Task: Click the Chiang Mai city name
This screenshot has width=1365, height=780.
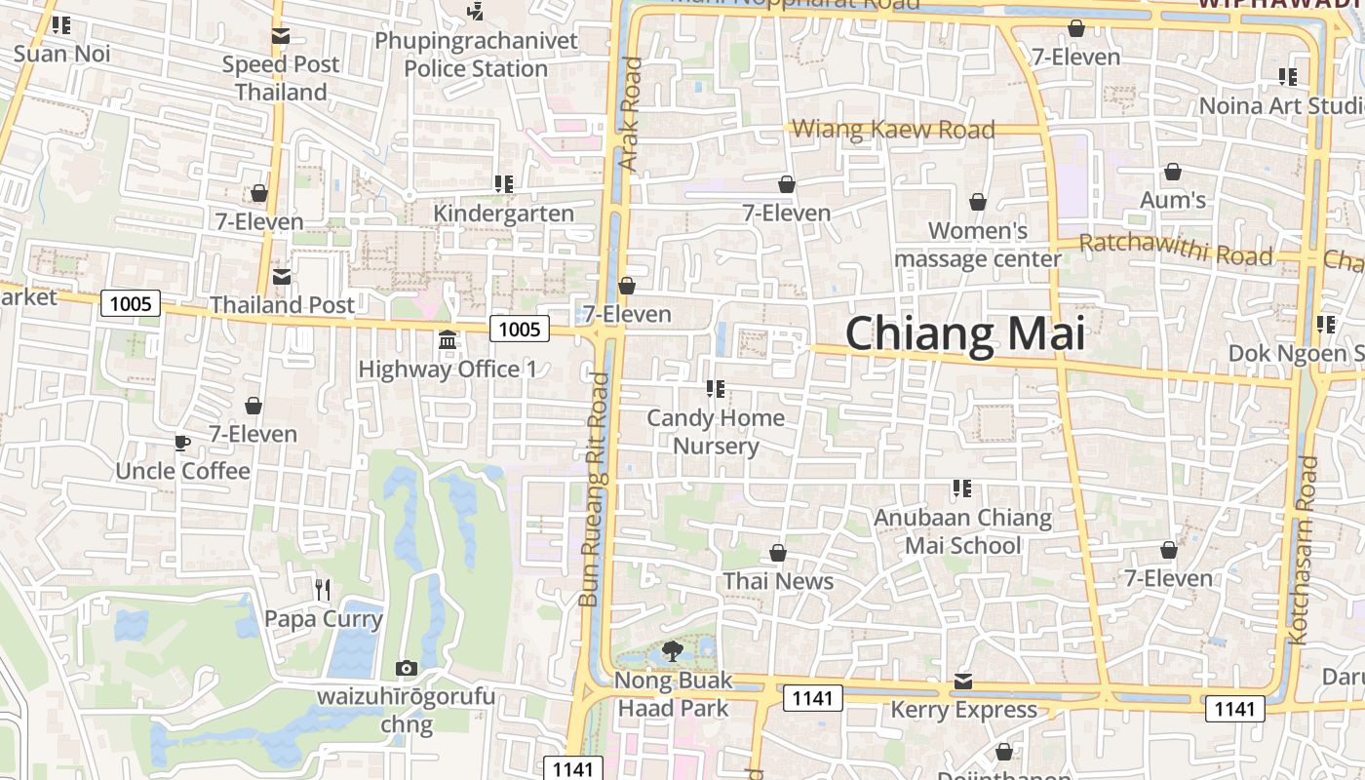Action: click(964, 333)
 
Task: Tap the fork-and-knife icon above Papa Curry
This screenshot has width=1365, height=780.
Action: click(324, 589)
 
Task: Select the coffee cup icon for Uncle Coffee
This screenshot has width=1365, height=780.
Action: click(182, 444)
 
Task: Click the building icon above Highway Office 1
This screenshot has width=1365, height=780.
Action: click(448, 340)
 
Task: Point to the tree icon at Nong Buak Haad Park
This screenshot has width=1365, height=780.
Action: click(672, 650)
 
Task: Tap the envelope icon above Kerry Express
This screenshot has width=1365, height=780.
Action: click(963, 681)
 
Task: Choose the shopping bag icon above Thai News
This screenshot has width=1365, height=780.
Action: click(778, 553)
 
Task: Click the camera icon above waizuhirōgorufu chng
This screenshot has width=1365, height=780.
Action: click(407, 668)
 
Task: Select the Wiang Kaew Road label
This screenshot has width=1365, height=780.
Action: click(893, 129)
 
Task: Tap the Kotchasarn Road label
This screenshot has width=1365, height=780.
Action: click(1303, 550)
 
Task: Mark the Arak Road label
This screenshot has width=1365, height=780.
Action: click(631, 114)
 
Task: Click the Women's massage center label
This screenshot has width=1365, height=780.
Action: click(977, 245)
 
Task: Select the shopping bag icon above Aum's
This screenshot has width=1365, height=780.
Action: click(1173, 173)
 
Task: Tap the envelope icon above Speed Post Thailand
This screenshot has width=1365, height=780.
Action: click(281, 37)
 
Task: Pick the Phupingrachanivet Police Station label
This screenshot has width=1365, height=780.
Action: click(476, 55)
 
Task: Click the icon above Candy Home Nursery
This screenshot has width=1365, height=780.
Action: click(716, 389)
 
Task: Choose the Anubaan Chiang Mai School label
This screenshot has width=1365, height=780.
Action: click(962, 531)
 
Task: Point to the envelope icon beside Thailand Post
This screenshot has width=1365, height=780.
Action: click(282, 277)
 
